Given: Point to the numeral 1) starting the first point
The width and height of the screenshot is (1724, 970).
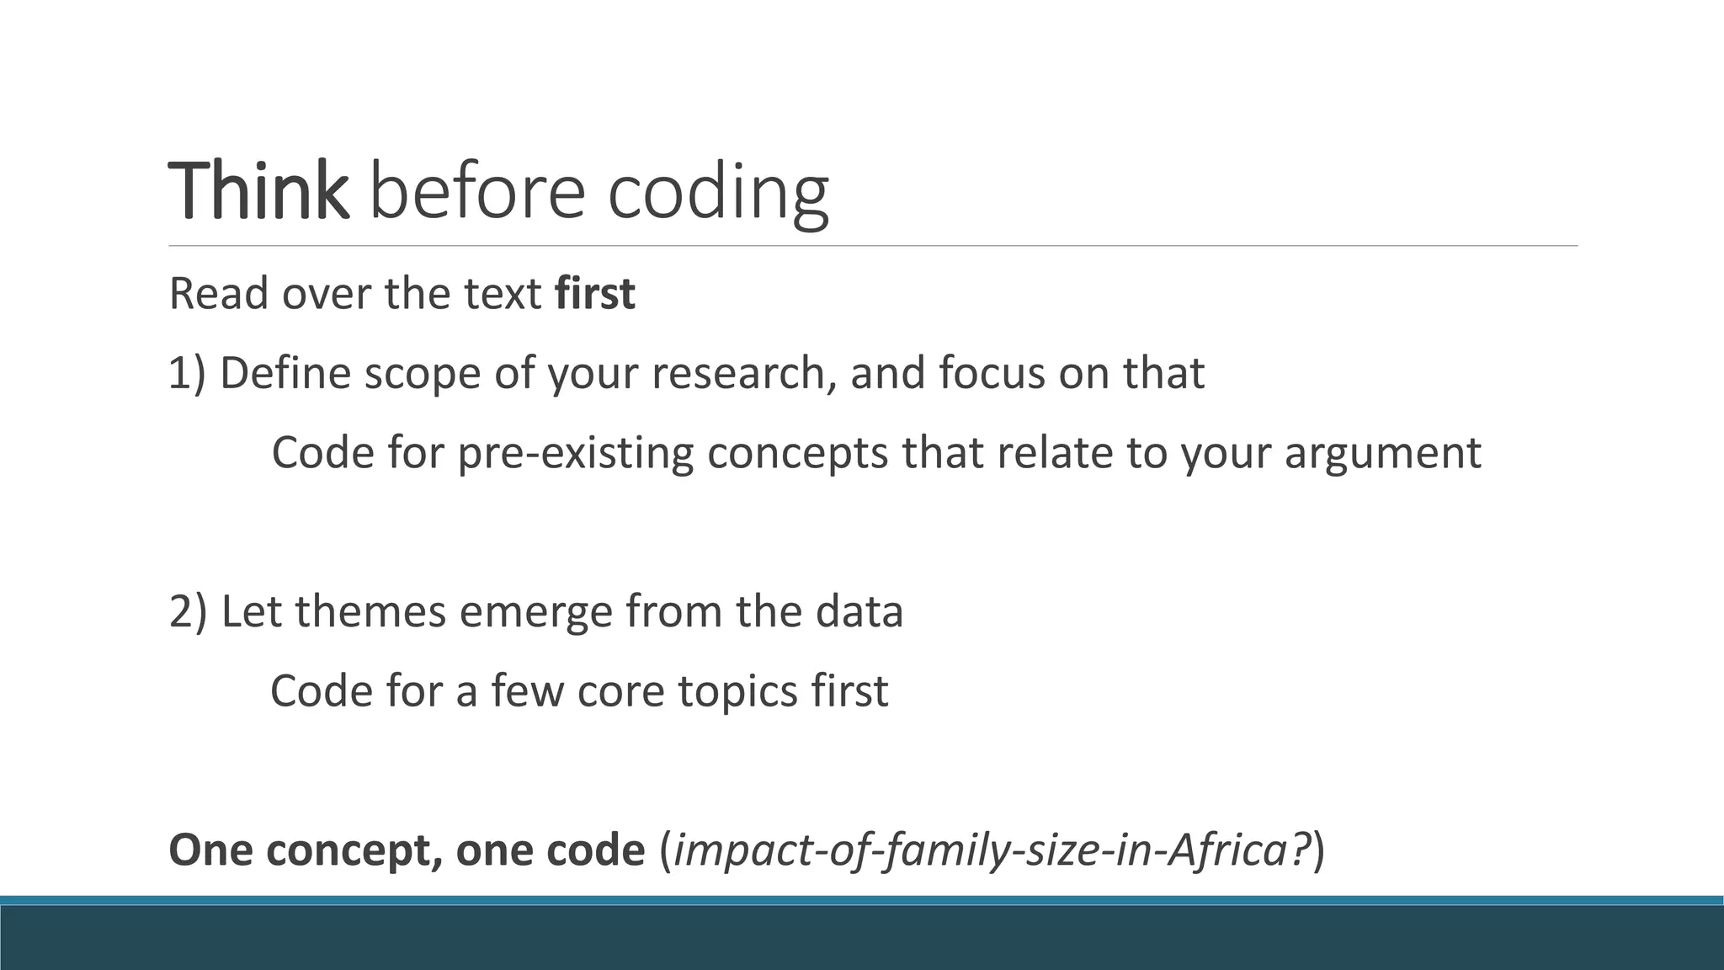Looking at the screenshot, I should point(187,373).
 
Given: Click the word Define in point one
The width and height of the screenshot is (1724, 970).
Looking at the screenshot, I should point(285,373).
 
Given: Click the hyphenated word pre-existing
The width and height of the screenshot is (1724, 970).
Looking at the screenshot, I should point(575,453).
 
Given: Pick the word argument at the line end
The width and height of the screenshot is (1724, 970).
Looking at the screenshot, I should point(1382,453).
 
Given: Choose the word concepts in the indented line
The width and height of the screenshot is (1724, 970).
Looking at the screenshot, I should point(797,453).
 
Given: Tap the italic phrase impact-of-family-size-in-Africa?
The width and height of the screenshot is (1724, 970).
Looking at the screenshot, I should point(993,850).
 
